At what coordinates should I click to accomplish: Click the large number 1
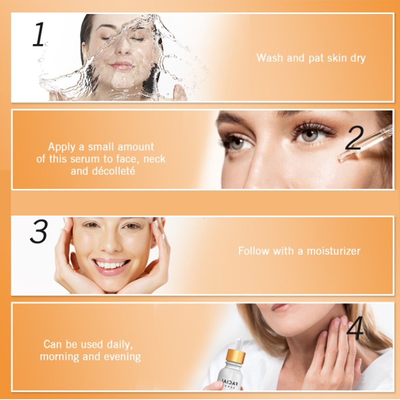(x=39, y=34)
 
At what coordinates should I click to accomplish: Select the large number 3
(x=39, y=232)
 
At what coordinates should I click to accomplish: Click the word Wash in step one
(x=270, y=58)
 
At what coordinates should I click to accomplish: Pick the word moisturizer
(x=333, y=251)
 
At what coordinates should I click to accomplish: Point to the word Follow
(x=253, y=251)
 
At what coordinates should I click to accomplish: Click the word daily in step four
(x=120, y=345)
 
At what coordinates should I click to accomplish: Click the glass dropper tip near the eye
(x=343, y=158)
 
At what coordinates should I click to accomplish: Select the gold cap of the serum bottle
(x=235, y=355)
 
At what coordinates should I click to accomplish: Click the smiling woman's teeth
(x=111, y=265)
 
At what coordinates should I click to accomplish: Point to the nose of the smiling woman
(x=110, y=244)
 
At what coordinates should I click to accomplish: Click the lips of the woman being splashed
(x=121, y=66)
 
